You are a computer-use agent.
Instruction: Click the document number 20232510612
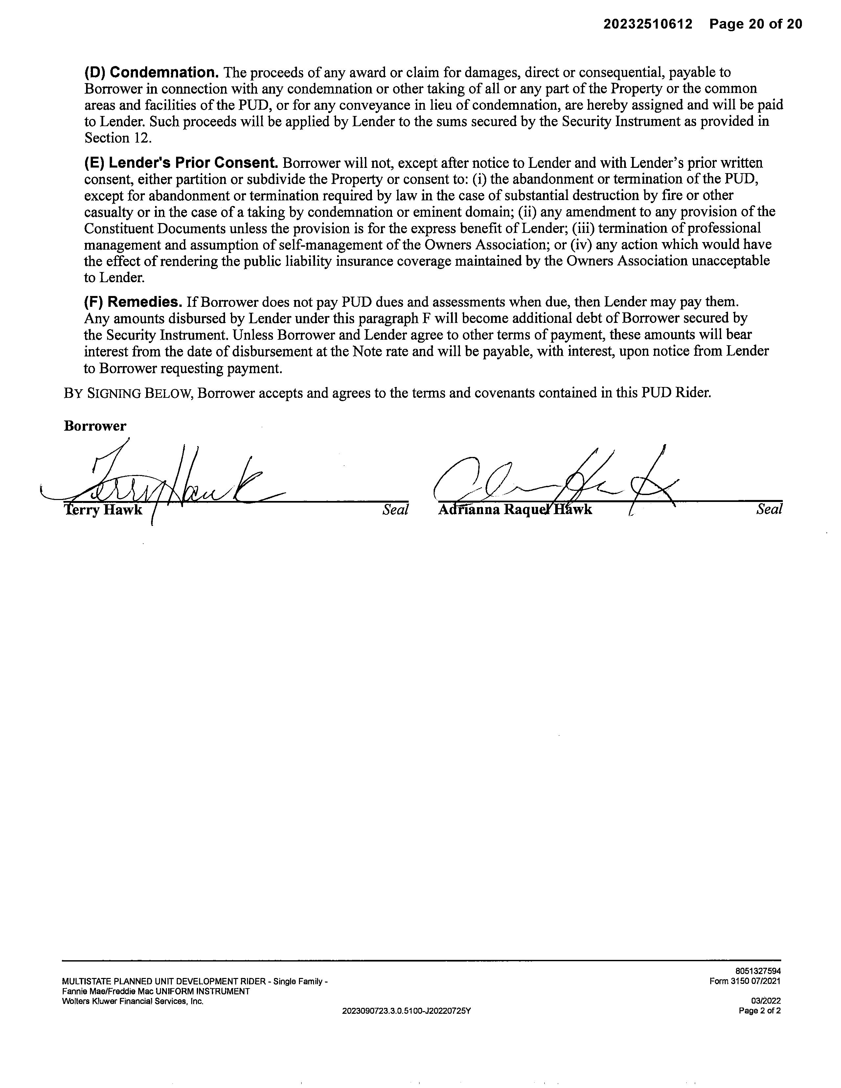[x=648, y=24]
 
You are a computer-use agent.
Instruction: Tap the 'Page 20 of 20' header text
[x=756, y=24]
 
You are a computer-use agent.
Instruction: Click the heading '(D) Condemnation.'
[x=151, y=73]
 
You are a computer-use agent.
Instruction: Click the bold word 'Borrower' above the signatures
[x=95, y=426]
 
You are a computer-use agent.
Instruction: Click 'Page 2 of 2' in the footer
[x=760, y=1011]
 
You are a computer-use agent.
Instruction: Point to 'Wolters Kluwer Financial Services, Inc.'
[x=132, y=1001]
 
